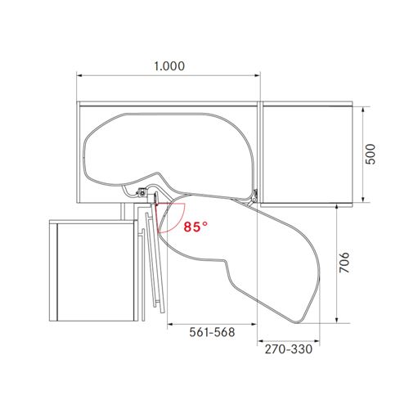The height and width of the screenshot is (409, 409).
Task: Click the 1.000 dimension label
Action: [x=169, y=66]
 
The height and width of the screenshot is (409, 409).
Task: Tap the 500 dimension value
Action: [x=371, y=154]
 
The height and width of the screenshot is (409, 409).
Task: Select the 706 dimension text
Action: [x=344, y=263]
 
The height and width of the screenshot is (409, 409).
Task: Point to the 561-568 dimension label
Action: [x=212, y=332]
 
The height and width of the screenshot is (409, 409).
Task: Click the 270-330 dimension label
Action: [x=289, y=349]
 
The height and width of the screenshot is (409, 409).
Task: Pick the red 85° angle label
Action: [x=196, y=227]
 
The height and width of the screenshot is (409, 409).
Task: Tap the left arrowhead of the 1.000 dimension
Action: [x=79, y=75]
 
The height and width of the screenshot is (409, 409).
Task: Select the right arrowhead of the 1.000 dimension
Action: [x=258, y=75]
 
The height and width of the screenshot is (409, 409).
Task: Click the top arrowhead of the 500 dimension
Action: [x=363, y=110]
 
